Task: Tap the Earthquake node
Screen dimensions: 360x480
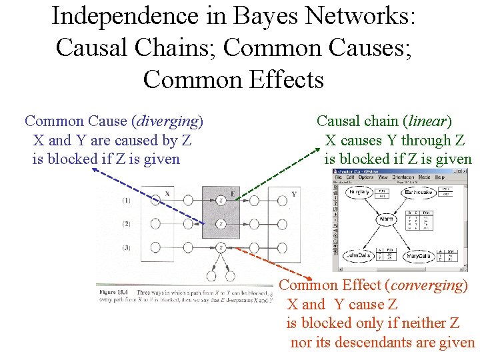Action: click(418, 192)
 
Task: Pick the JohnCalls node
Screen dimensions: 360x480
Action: click(359, 256)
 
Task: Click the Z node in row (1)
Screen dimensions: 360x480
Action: click(221, 200)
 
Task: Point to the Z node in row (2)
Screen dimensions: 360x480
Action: click(221, 224)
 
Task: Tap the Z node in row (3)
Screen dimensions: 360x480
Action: click(221, 247)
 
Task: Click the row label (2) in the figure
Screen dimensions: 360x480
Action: click(126, 224)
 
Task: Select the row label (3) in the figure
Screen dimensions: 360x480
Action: click(126, 247)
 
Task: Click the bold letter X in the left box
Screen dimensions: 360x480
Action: click(167, 194)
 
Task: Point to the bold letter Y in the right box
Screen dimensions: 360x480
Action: click(294, 195)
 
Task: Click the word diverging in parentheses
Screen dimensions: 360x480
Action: click(168, 121)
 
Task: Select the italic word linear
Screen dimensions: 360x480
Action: click(427, 121)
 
